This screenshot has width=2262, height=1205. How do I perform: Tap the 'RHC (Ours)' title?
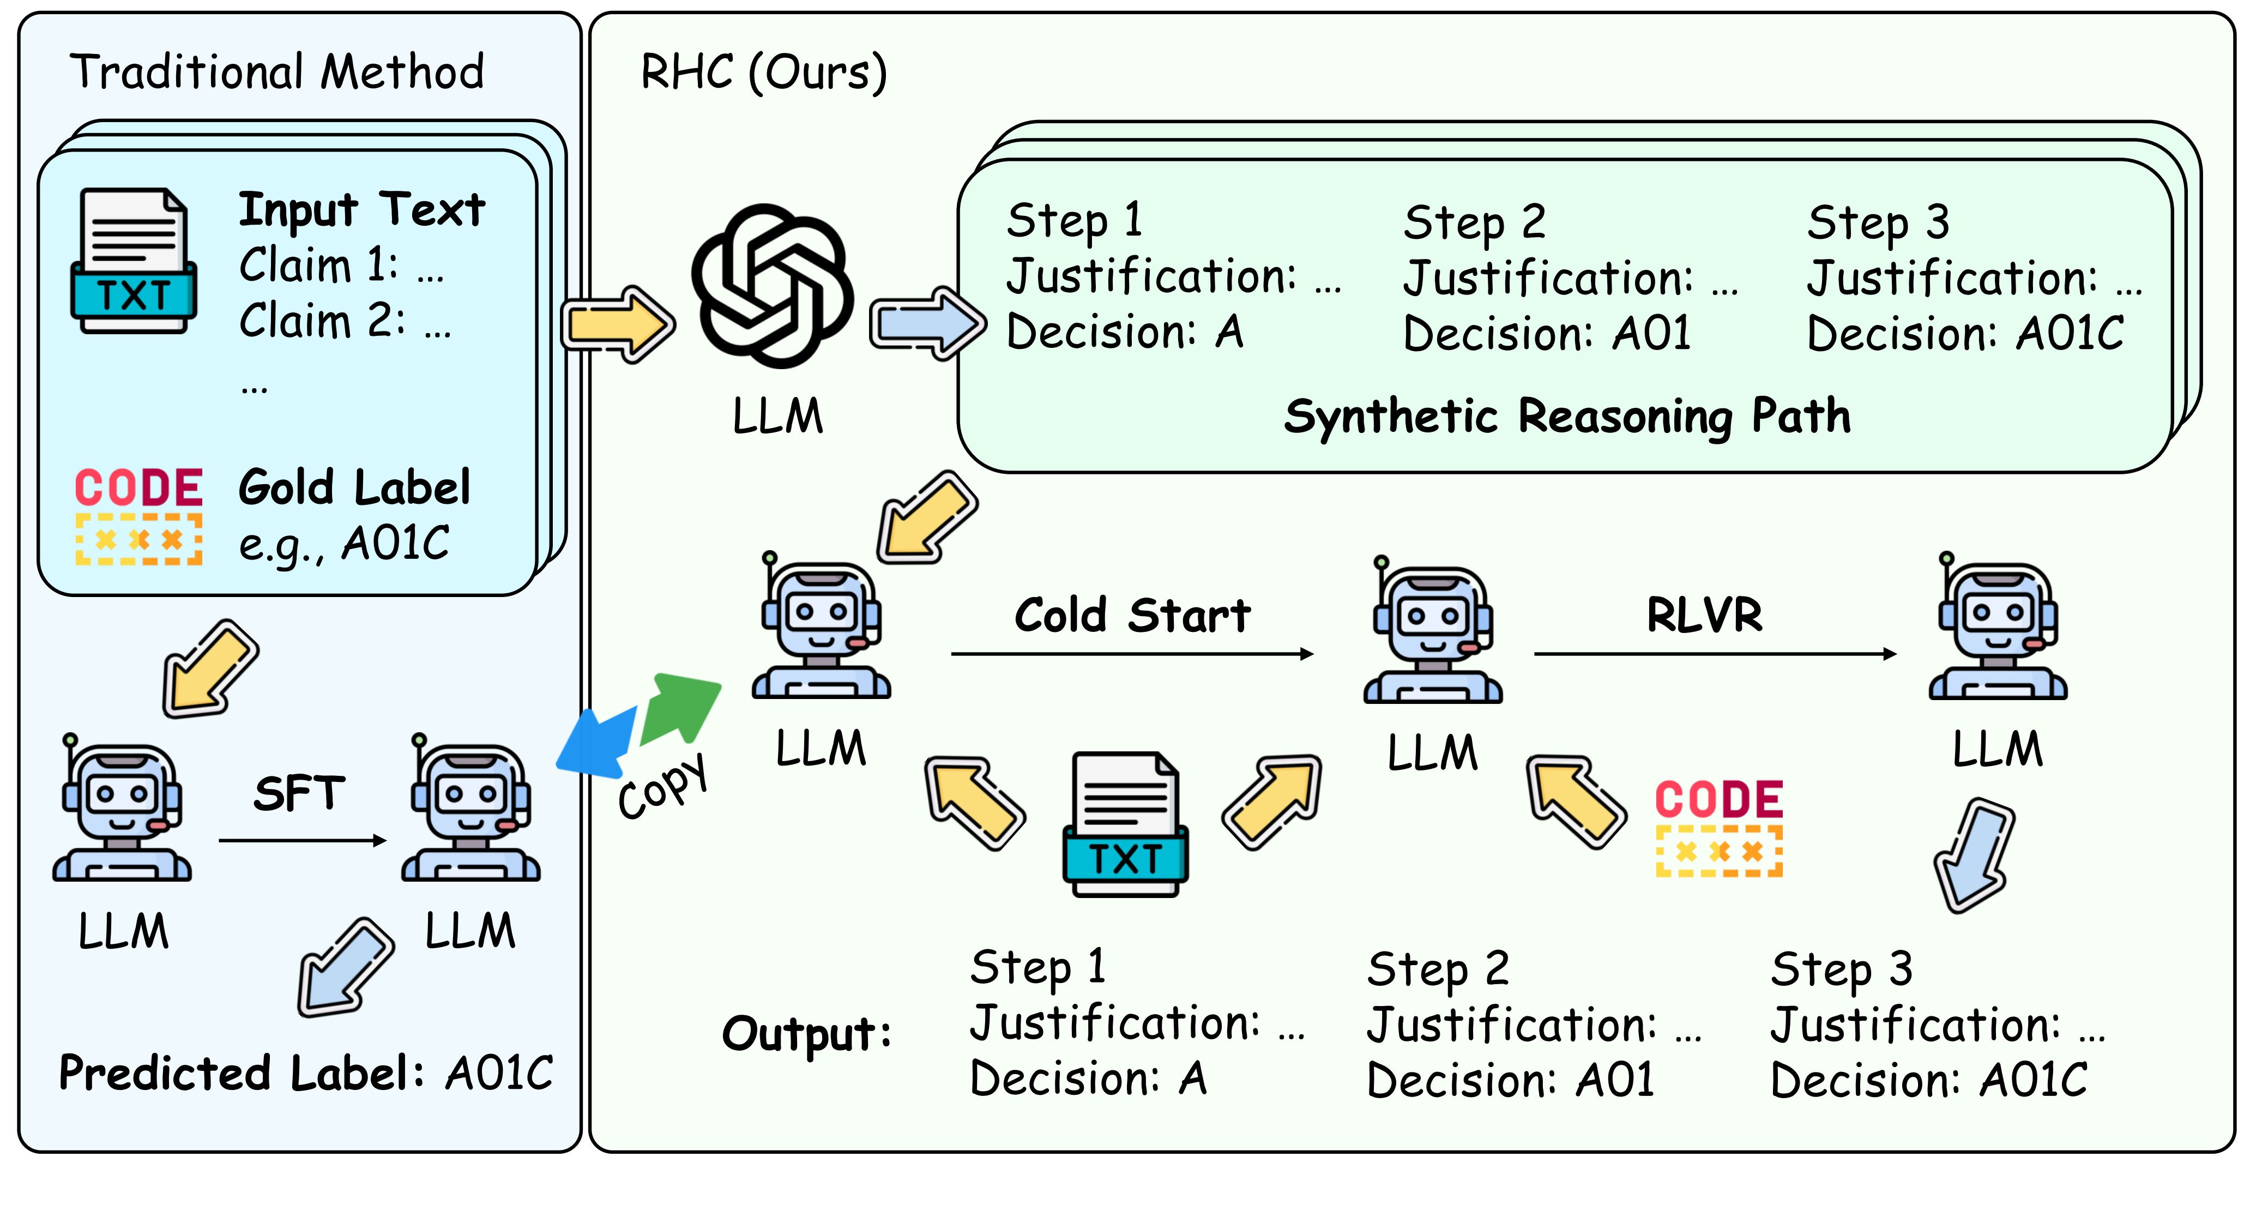pos(763,72)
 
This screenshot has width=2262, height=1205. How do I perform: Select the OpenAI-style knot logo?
pos(772,286)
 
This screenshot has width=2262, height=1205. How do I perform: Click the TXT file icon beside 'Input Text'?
pos(134,261)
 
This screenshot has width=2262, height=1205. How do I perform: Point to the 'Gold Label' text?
pos(354,487)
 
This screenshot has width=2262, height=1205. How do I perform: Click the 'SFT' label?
pos(299,794)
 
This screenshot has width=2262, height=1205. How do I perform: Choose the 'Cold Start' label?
pos(1132,615)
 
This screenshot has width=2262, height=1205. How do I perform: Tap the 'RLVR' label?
pos(1704,615)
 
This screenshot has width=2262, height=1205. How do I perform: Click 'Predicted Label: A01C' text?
pos(306,1073)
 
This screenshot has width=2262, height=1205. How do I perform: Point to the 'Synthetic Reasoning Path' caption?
pos(1566,417)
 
